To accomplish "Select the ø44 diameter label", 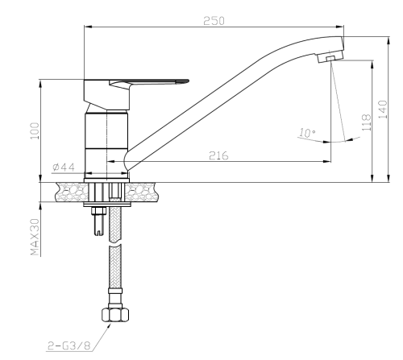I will tap(64, 166).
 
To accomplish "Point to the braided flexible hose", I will tap(113, 266).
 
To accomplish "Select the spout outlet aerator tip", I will tap(330, 60).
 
